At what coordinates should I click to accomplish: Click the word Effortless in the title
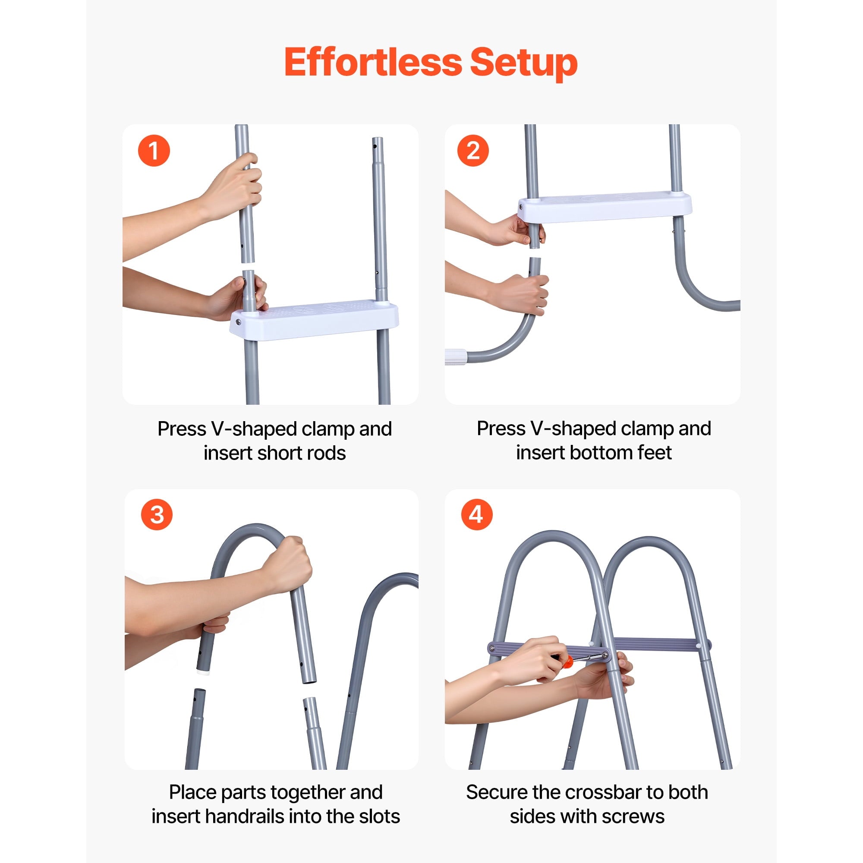[x=373, y=62]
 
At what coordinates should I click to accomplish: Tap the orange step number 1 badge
[x=154, y=151]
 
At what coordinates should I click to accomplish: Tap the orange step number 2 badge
[x=473, y=151]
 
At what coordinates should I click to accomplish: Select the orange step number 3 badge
[x=157, y=514]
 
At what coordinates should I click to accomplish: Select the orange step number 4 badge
[x=477, y=514]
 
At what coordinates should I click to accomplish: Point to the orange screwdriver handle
[x=567, y=661]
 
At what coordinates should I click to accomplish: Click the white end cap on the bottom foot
[x=456, y=357]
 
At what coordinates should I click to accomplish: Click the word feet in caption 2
[x=655, y=453]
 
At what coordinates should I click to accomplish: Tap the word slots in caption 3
[x=380, y=816]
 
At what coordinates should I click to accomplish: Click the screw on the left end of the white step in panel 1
[x=239, y=322]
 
